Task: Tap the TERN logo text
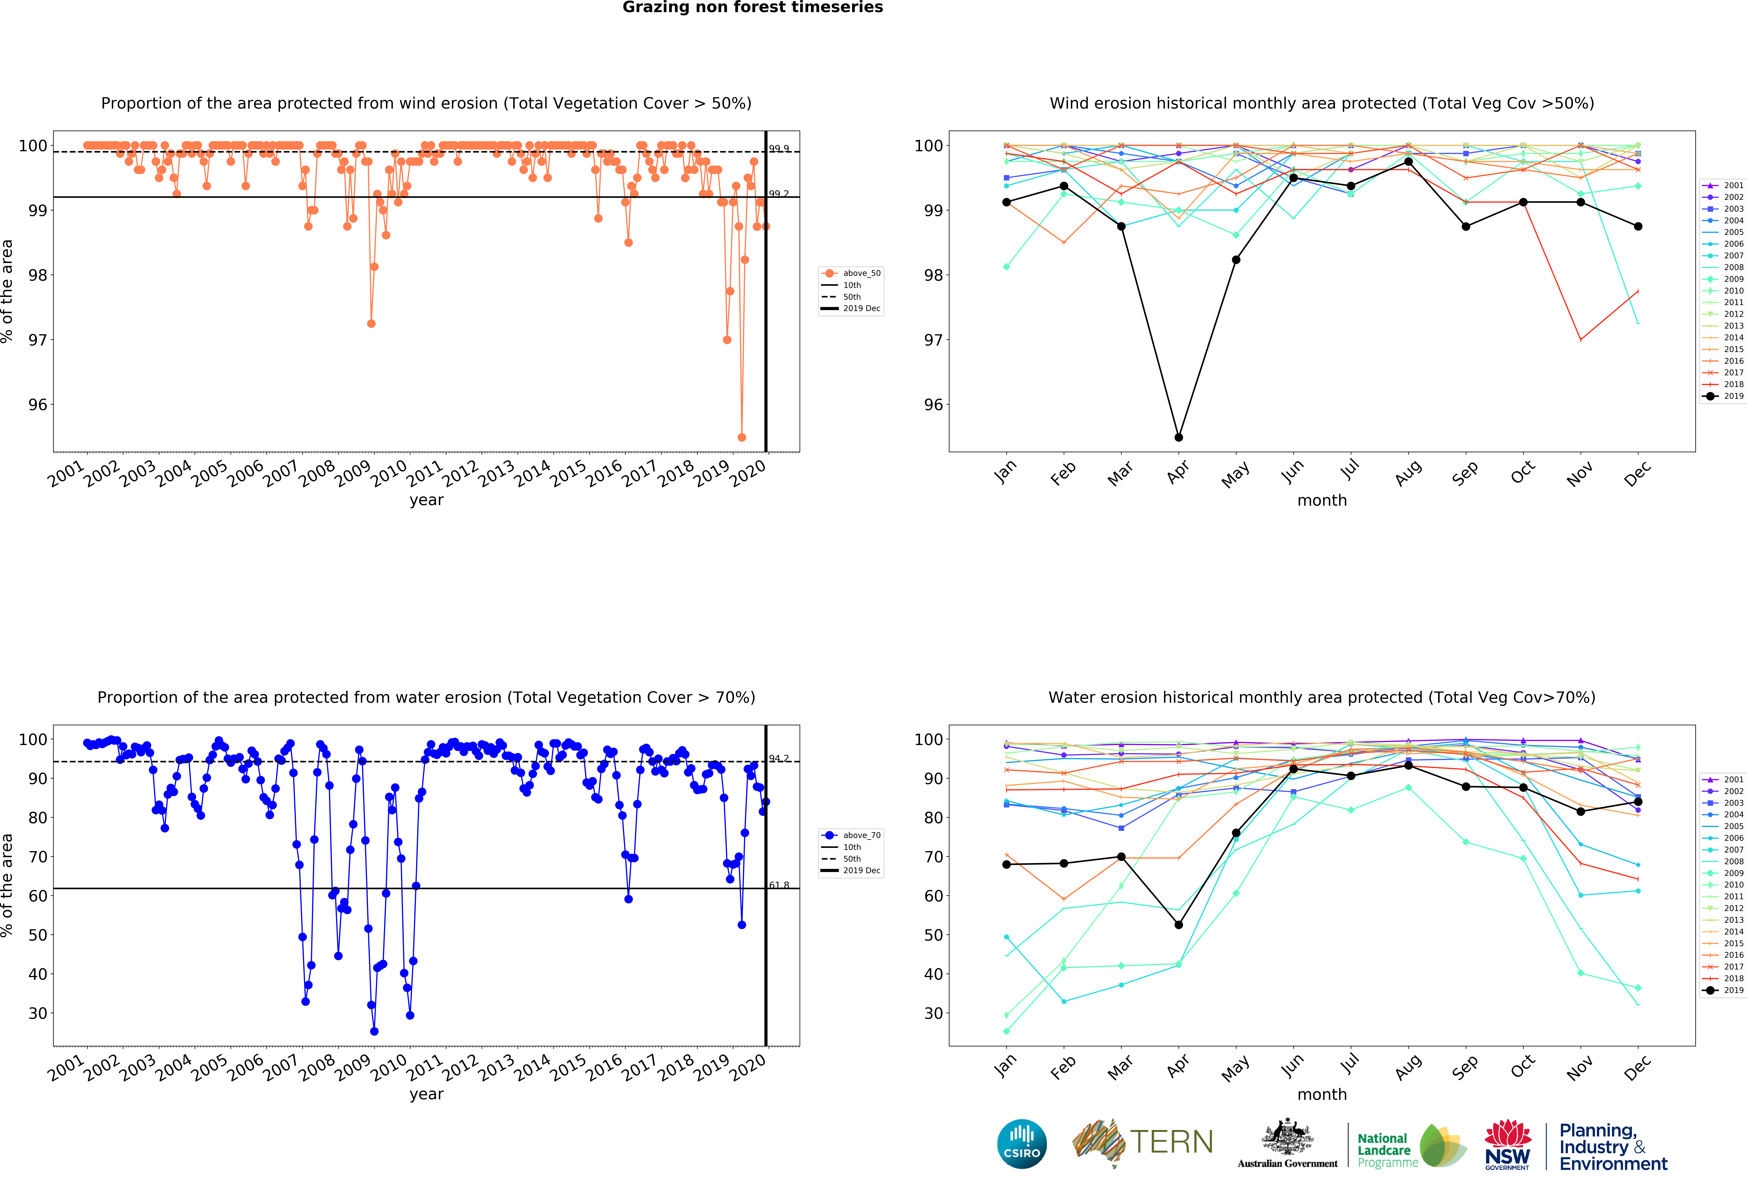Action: pyautogui.click(x=1171, y=1142)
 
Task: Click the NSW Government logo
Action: pyautogui.click(x=1507, y=1144)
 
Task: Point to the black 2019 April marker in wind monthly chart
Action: pyautogui.click(x=1179, y=437)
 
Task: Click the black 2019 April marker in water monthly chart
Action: pyautogui.click(x=1179, y=925)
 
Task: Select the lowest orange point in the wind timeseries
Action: pyautogui.click(x=742, y=437)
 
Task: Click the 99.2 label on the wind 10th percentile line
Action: pyautogui.click(x=779, y=194)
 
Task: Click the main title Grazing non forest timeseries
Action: pyautogui.click(x=752, y=7)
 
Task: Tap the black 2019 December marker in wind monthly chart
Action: pyautogui.click(x=1638, y=226)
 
